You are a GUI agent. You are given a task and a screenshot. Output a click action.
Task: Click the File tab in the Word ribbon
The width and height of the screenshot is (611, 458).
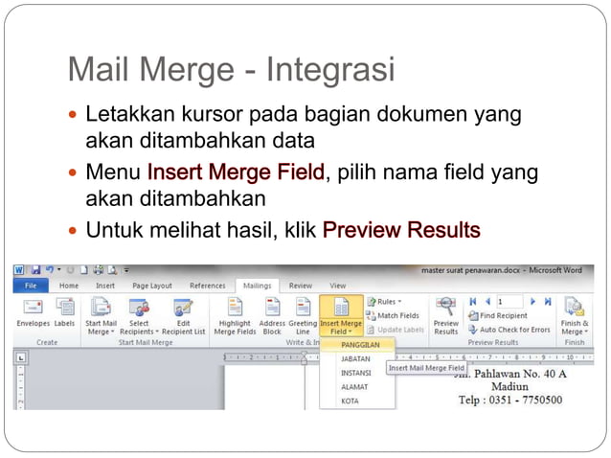[x=31, y=286]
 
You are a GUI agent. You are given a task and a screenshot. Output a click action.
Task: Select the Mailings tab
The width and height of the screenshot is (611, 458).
[x=256, y=286]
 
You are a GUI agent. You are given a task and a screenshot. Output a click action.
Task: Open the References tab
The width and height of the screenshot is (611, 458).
[x=208, y=286]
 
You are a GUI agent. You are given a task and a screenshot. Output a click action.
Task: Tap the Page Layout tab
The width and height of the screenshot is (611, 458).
[x=152, y=286]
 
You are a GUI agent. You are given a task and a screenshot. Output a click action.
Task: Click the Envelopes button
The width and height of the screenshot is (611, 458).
[x=33, y=313]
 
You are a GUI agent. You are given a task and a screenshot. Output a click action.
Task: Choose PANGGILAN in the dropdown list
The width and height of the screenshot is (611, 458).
[x=361, y=344]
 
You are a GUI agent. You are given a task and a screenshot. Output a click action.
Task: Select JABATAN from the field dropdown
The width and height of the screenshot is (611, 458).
[x=355, y=359]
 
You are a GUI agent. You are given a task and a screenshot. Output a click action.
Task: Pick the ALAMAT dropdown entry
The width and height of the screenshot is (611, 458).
[x=354, y=387]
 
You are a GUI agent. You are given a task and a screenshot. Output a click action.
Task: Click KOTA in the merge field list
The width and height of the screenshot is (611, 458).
[x=350, y=401]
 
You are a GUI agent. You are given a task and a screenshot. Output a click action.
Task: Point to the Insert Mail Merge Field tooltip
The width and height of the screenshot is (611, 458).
[x=426, y=368]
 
